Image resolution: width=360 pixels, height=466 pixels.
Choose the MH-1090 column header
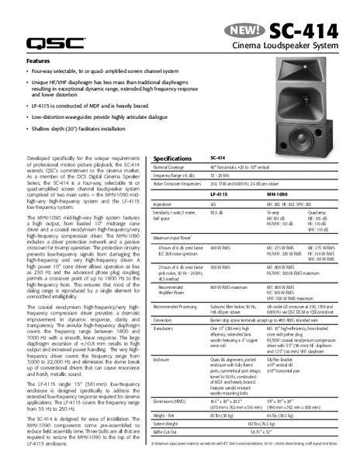[279, 193]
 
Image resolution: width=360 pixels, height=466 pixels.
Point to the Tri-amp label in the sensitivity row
[273, 211]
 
